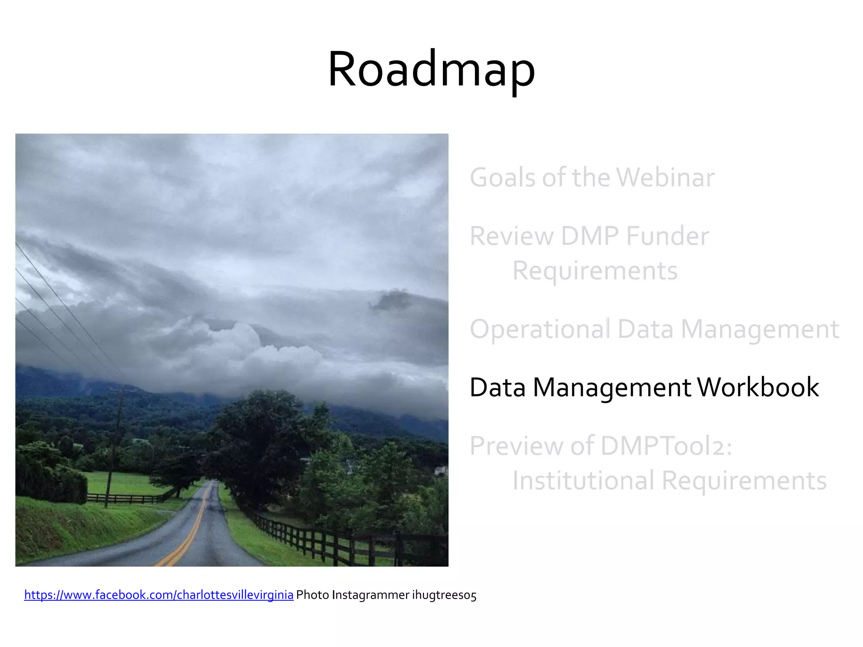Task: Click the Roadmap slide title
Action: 431,70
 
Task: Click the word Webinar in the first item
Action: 666,177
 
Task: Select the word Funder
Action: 667,236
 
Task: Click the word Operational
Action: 540,329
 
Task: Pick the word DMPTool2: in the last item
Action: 666,446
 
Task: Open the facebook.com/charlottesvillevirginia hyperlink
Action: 159,595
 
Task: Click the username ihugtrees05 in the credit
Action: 444,595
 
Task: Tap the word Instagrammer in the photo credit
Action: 370,595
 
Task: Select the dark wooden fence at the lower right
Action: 337,543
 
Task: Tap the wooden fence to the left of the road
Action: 126,499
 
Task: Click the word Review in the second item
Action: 512,236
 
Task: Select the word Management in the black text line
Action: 611,387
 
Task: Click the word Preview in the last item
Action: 517,446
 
